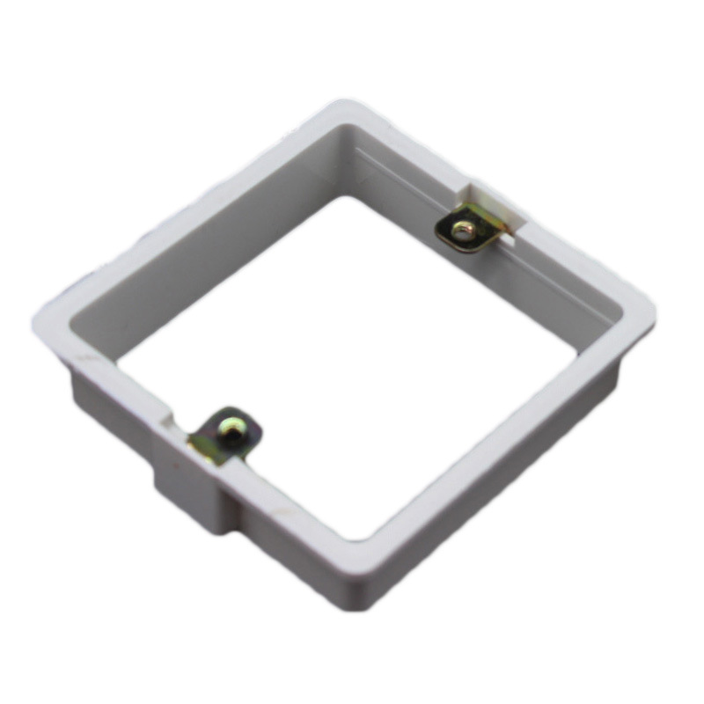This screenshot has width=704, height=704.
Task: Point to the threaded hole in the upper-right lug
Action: coord(462,231)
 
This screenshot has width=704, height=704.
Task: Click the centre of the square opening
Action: coord(352,361)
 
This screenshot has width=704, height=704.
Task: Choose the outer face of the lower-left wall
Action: coord(114,414)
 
